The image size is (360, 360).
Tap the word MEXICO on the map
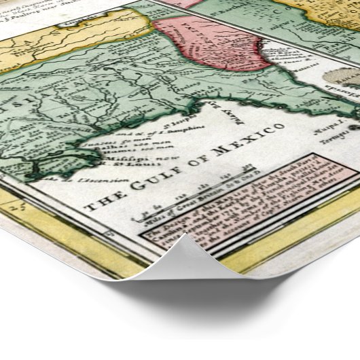(x=242, y=138)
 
